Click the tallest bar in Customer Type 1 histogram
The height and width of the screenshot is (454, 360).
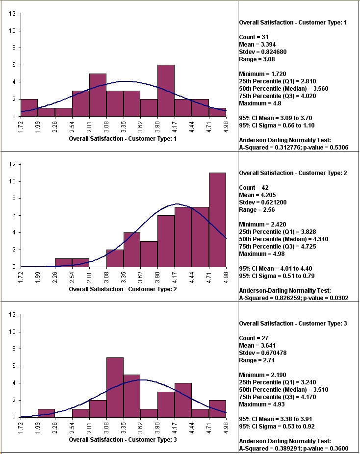(x=166, y=91)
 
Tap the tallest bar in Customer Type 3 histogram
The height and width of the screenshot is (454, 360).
(x=115, y=387)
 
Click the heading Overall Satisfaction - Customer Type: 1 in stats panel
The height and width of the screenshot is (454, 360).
(x=293, y=22)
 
